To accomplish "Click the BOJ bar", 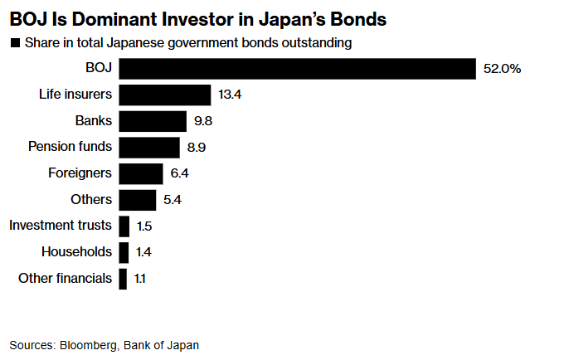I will (297, 69).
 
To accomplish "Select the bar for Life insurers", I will (165, 95).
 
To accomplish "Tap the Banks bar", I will (153, 121).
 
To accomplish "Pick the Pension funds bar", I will (149, 148).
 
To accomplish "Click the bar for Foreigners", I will (141, 173).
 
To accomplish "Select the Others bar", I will (138, 200).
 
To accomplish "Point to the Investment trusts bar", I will (124, 226).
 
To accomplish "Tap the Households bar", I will (124, 251).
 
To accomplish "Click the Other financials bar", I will (123, 278).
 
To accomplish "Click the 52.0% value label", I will (502, 69).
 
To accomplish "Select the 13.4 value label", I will (229, 95).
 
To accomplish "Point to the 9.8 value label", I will (204, 121).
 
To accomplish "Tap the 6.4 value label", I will (179, 173).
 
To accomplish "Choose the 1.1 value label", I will (139, 278).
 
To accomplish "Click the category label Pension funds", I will (70, 147).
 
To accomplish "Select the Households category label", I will (76, 251).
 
